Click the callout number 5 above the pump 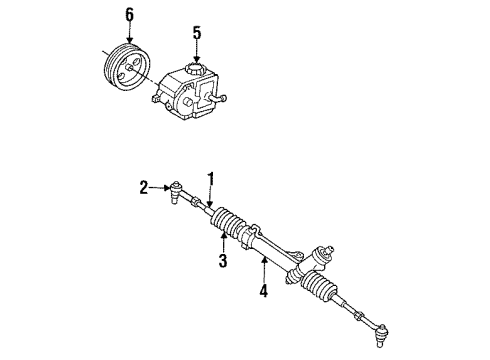click(x=197, y=33)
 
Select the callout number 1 click(x=212, y=180)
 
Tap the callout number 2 click(x=144, y=186)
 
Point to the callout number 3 click(x=223, y=262)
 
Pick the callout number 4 click(x=264, y=292)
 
